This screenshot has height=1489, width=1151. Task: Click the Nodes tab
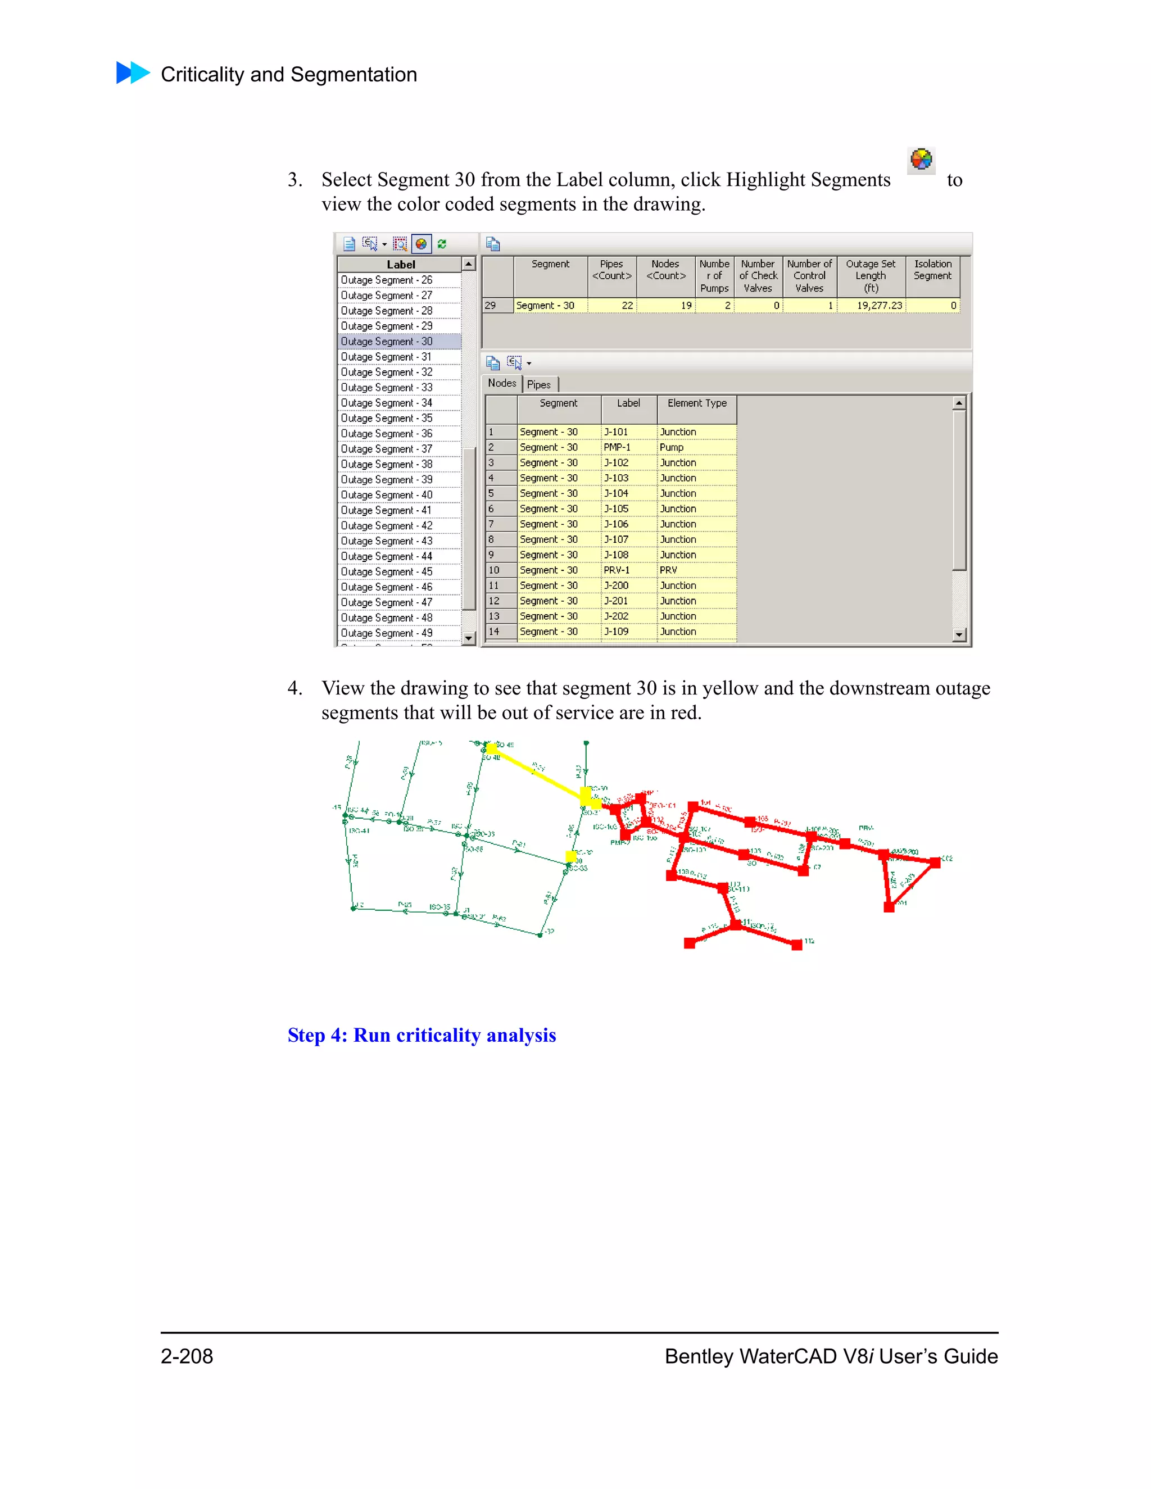point(502,384)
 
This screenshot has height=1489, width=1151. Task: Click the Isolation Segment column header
point(932,270)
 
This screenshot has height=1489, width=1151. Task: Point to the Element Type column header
point(697,403)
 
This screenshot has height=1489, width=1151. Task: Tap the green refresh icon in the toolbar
point(442,244)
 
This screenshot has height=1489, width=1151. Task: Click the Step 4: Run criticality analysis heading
point(422,1035)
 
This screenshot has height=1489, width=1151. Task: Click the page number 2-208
point(187,1356)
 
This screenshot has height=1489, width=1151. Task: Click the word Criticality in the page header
point(202,74)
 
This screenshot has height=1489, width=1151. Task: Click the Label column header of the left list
point(400,265)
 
